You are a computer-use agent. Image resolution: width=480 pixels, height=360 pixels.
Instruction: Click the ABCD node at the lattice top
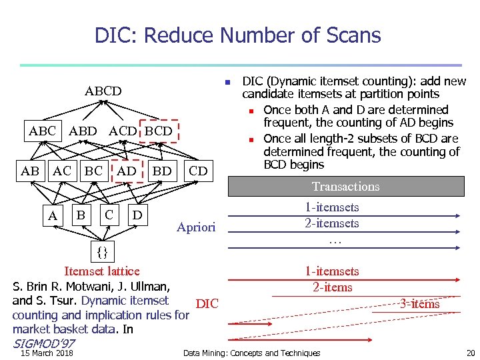[103, 91]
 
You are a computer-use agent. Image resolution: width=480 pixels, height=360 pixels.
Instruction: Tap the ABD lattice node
[83, 131]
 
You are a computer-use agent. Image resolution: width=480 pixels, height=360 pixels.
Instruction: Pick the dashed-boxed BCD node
[159, 131]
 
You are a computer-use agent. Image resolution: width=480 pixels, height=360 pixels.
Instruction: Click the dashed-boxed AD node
[127, 171]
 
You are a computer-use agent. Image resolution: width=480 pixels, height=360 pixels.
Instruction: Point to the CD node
[198, 171]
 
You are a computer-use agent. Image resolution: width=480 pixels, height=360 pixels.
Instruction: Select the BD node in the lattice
[162, 171]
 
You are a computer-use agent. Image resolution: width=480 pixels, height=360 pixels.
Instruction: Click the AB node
[30, 171]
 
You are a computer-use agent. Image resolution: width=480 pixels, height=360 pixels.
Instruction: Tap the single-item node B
[81, 215]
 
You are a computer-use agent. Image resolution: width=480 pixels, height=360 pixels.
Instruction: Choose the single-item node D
[137, 215]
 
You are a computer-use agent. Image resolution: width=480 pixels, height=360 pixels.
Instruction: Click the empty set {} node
[102, 252]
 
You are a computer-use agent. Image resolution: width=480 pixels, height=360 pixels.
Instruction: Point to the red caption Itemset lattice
[101, 271]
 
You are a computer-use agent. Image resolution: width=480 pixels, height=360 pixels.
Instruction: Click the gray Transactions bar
[345, 187]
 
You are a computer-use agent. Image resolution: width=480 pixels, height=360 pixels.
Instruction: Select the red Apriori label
[196, 227]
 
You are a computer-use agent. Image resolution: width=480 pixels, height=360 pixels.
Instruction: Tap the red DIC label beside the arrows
[207, 304]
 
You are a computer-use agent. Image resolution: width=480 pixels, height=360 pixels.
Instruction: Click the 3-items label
[419, 304]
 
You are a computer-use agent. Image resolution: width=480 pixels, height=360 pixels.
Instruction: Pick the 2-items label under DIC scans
[332, 287]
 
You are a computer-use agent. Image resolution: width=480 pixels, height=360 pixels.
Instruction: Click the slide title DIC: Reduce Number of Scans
[238, 35]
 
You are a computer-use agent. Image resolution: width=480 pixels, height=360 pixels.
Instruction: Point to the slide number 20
[471, 353]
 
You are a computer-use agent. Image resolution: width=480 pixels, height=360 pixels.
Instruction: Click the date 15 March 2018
[47, 353]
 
